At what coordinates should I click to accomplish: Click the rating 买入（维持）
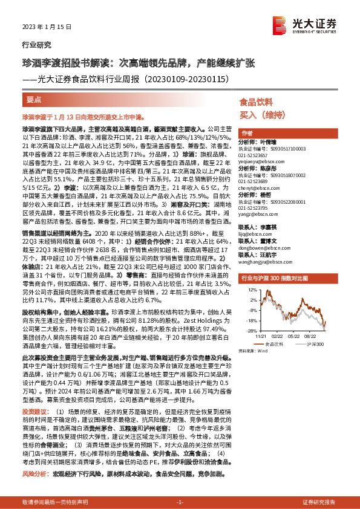point(257,114)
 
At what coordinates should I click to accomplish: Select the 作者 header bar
point(247,132)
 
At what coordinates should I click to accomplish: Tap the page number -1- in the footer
point(180,502)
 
